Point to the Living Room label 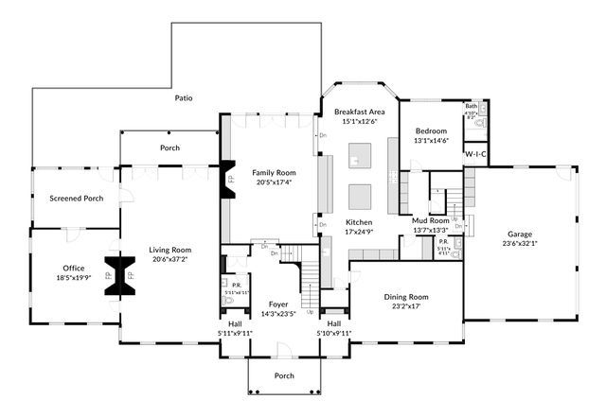click(169, 250)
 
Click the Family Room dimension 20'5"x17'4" click(274, 182)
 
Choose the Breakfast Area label click(362, 112)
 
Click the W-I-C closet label click(475, 153)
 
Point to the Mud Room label click(430, 219)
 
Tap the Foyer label click(277, 304)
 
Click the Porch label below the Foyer click(284, 375)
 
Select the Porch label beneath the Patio click(169, 148)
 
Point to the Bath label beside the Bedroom click(471, 107)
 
